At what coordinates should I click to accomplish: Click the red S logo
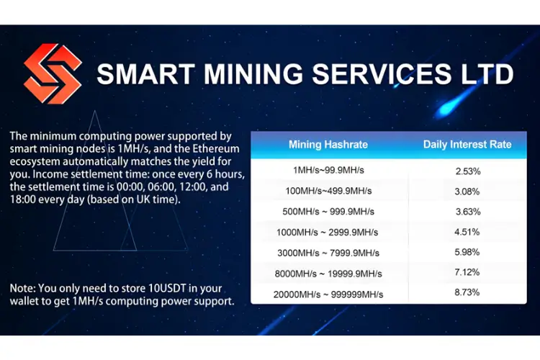tap(53, 73)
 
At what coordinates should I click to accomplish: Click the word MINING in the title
tap(253, 73)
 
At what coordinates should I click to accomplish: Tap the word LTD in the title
tap(487, 73)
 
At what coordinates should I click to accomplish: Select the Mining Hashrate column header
tap(328, 144)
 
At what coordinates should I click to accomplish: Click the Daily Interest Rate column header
tap(467, 144)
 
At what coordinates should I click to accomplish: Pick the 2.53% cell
tap(468, 171)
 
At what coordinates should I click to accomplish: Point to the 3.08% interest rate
tap(467, 192)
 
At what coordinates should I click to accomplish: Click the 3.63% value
tap(468, 212)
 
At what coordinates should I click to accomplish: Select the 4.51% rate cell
tap(467, 232)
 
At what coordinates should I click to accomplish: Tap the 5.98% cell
tap(467, 252)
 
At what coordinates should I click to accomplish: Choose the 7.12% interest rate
tap(467, 272)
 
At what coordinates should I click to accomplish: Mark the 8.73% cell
tap(467, 292)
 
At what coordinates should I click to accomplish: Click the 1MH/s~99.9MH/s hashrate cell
tap(328, 170)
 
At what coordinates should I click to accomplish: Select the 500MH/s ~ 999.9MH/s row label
tap(328, 212)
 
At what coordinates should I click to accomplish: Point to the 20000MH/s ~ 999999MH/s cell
tap(328, 294)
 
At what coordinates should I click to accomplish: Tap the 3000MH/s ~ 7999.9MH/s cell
tap(328, 253)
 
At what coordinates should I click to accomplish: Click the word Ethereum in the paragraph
tap(215, 149)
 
